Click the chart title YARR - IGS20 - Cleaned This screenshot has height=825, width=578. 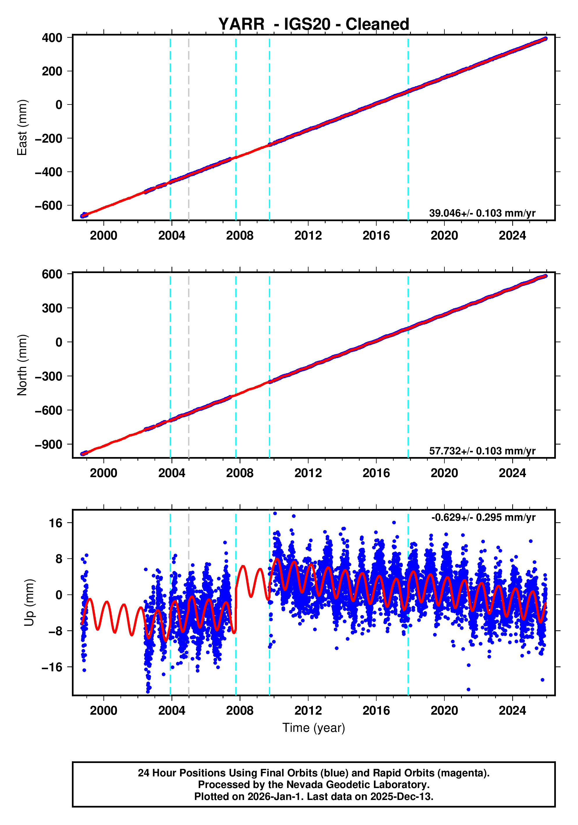point(314,24)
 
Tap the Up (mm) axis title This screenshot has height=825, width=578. point(29,602)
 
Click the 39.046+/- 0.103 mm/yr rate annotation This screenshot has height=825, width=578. point(482,213)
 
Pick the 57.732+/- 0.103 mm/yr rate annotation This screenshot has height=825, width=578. point(482,451)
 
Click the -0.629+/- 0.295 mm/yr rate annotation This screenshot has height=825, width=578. point(483,517)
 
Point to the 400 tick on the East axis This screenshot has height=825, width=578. point(52,38)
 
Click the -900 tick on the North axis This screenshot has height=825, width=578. point(49,445)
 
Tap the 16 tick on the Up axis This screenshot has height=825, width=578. point(56,523)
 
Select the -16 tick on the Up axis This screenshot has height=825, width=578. point(52,667)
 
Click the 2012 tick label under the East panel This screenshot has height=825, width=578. point(308,236)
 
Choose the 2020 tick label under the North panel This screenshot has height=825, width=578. point(444,473)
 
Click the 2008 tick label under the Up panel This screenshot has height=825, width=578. point(240,711)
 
